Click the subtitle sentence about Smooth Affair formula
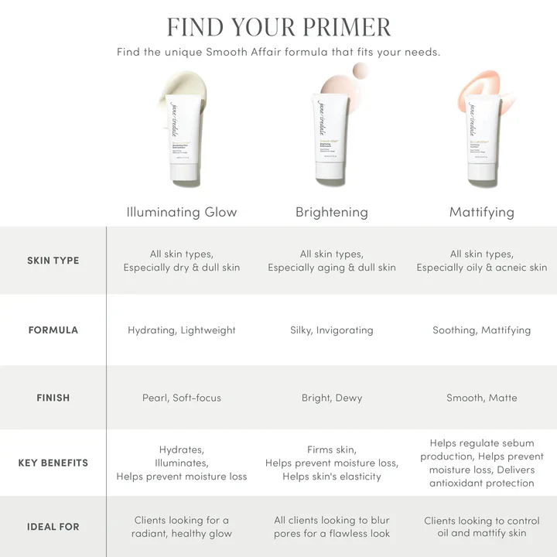pyautogui.click(x=278, y=53)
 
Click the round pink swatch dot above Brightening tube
pyautogui.click(x=361, y=73)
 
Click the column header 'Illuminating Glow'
pyautogui.click(x=182, y=212)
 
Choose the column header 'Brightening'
pyautogui.click(x=332, y=212)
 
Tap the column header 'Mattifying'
pyautogui.click(x=481, y=212)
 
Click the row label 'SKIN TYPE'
pyautogui.click(x=53, y=261)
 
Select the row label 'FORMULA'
pyautogui.click(x=53, y=330)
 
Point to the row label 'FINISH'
pyautogui.click(x=53, y=398)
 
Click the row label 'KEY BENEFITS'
pyautogui.click(x=53, y=463)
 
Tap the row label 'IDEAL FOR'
pyautogui.click(x=53, y=527)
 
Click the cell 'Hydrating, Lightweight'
pyautogui.click(x=182, y=330)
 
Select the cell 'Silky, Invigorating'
pyautogui.click(x=332, y=330)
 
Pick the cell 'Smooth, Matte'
pyautogui.click(x=481, y=398)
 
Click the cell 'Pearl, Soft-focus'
pyautogui.click(x=182, y=398)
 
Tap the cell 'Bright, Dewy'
pyautogui.click(x=332, y=398)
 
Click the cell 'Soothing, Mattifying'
pyautogui.click(x=481, y=330)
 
